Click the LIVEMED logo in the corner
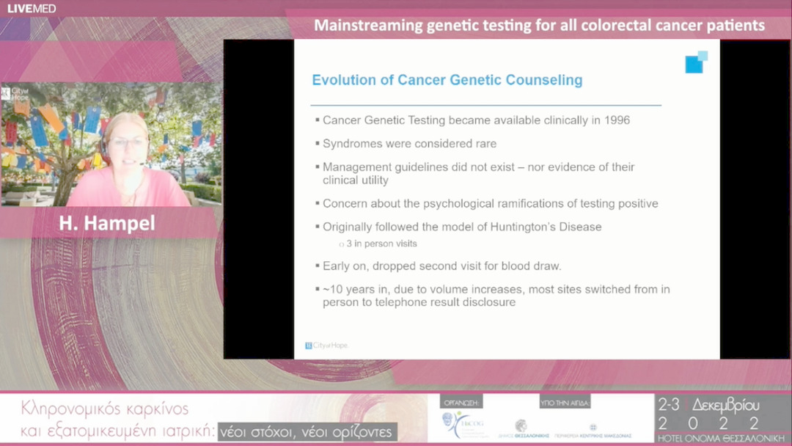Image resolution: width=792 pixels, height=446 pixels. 32,9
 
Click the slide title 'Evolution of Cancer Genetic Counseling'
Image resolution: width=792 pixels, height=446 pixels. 447,81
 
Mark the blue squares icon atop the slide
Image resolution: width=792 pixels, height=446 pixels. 695,62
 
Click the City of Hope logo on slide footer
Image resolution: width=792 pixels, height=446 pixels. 326,346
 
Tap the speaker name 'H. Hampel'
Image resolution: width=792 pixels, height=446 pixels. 107,224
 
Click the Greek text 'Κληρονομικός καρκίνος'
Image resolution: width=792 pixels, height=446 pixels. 105,409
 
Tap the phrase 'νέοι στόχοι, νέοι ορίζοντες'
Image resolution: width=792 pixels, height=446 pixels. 308,432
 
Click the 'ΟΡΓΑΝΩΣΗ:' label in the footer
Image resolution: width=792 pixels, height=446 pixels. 461,403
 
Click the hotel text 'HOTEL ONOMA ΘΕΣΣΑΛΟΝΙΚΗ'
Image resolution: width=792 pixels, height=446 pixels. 722,438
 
